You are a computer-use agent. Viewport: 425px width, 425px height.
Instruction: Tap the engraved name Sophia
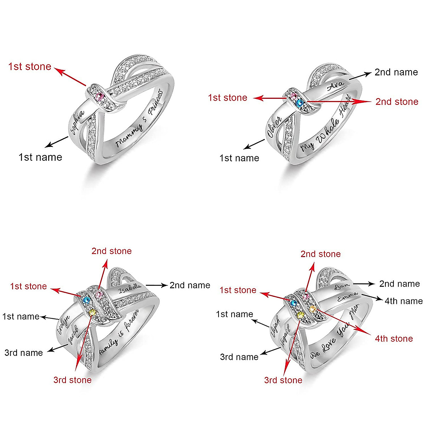click(x=77, y=123)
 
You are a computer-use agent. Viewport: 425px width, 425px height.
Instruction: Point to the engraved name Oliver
click(x=274, y=127)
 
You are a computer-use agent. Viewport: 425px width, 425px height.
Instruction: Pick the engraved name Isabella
click(x=130, y=288)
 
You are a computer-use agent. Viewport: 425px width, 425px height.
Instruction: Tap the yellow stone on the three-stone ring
click(x=93, y=312)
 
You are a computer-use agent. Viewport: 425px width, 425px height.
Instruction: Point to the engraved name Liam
click(x=342, y=285)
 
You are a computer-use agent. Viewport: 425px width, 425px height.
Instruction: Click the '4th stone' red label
click(x=394, y=339)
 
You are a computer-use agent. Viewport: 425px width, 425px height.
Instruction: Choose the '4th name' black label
click(x=403, y=301)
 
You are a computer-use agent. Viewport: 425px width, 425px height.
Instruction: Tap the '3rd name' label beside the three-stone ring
click(x=24, y=352)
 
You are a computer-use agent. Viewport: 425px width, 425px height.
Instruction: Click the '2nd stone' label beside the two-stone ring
click(x=397, y=102)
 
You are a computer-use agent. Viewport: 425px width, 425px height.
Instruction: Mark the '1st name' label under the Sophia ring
click(x=40, y=157)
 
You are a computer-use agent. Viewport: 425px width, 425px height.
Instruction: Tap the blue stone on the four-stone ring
click(x=293, y=303)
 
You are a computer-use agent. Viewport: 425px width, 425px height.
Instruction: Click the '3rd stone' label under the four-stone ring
click(x=283, y=380)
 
